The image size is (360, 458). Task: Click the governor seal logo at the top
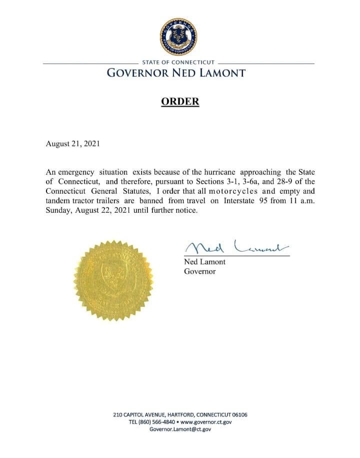pos(178,37)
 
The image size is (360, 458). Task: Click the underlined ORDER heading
pos(179,102)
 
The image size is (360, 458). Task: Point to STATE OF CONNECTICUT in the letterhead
pos(178,63)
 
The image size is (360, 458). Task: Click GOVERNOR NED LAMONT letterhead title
pos(176,73)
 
